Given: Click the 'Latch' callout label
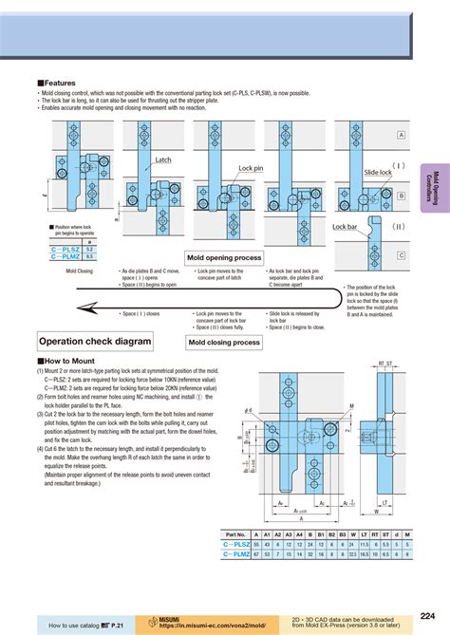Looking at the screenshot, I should [x=162, y=160].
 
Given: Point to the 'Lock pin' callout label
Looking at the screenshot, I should [x=252, y=167].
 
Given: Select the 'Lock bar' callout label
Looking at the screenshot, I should [x=345, y=227].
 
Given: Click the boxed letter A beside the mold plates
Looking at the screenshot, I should [x=402, y=136].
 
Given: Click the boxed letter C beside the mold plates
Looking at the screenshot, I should [x=402, y=255].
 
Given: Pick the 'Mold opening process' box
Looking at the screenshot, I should [x=224, y=257].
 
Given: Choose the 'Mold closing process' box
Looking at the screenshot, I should [x=224, y=343].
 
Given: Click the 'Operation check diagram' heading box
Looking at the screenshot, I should [x=95, y=341].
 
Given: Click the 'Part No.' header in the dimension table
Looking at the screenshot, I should [x=234, y=534].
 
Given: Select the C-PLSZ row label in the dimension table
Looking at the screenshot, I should [x=234, y=545].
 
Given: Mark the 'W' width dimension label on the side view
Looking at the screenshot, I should [x=378, y=511].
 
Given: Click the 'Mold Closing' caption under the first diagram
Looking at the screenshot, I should [x=80, y=271].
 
